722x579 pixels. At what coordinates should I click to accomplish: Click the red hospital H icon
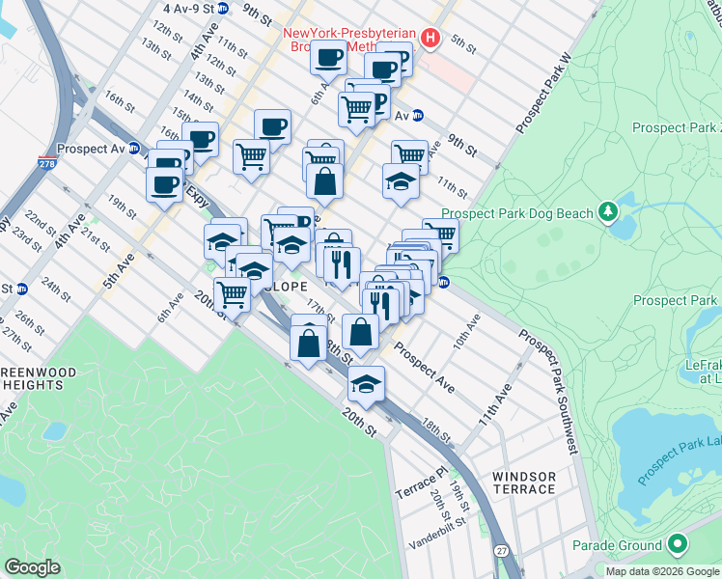[431, 40]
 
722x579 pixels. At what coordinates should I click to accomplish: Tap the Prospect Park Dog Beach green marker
[607, 210]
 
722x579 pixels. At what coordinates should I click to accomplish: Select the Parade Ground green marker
[677, 545]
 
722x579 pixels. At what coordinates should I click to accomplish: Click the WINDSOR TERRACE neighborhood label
[524, 482]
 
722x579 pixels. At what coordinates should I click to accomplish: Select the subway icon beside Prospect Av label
[134, 150]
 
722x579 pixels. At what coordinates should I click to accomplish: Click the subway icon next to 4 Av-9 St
[223, 8]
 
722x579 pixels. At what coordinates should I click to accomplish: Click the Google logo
[32, 567]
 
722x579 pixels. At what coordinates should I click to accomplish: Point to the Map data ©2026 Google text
[661, 571]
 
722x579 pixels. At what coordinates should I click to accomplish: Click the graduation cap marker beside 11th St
[401, 181]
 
